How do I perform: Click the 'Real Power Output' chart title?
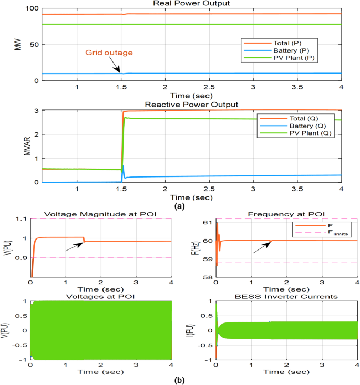pyautogui.click(x=193, y=4)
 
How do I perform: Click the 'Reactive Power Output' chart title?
pyautogui.click(x=193, y=104)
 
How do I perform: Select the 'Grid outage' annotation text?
pyautogui.click(x=109, y=53)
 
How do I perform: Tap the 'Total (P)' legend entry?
pyautogui.click(x=283, y=42)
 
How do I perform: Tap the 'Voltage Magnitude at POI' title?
pyautogui.click(x=101, y=213)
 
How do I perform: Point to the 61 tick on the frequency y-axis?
pyautogui.click(x=207, y=223)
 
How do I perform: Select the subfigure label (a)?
pyautogui.click(x=180, y=206)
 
